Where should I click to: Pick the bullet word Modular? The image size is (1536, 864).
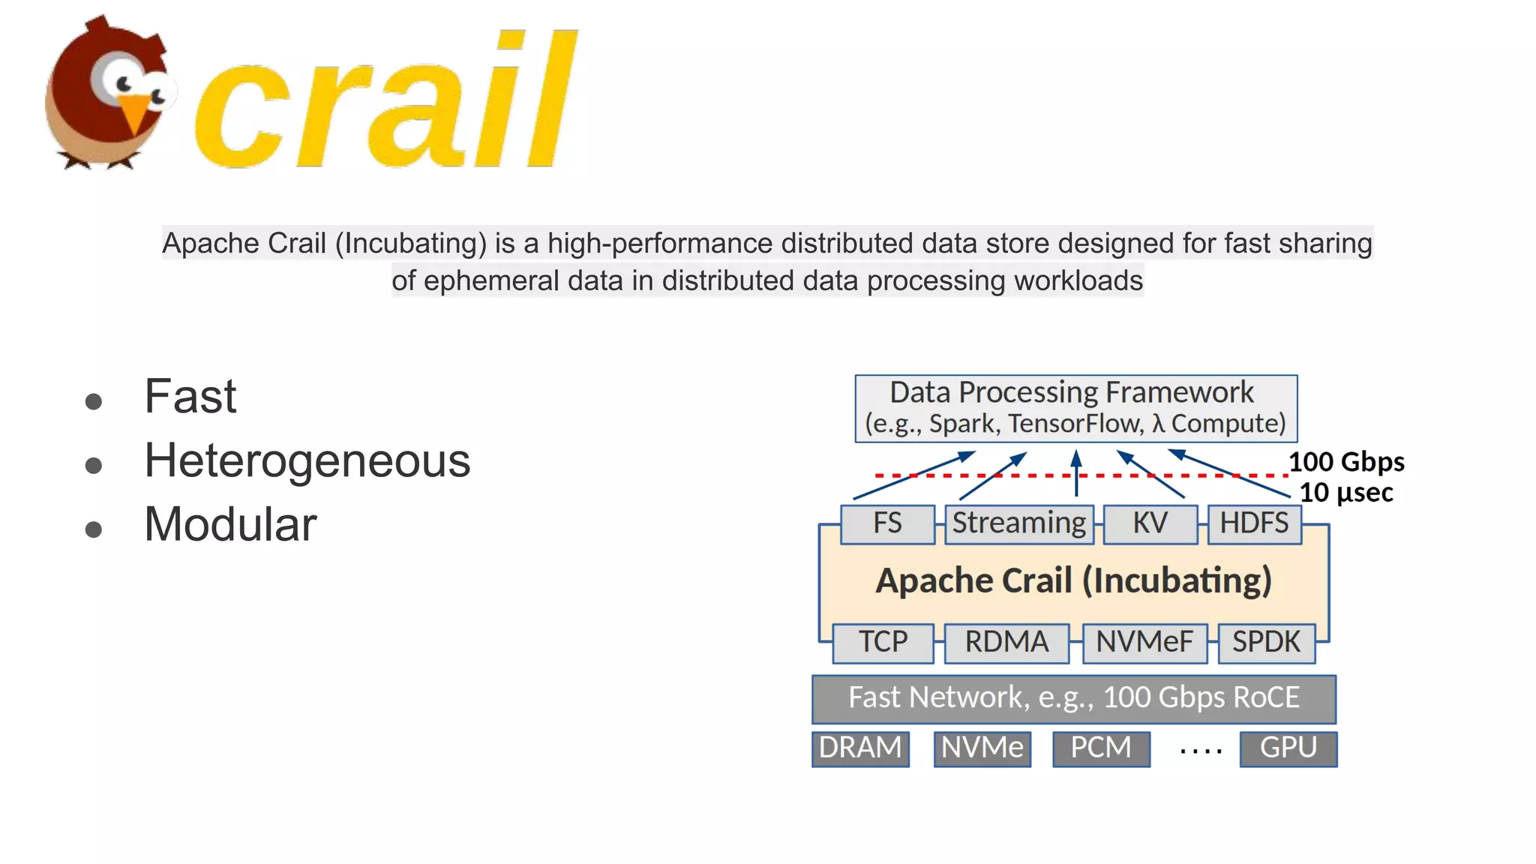(x=230, y=524)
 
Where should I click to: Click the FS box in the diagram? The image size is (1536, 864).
(x=887, y=523)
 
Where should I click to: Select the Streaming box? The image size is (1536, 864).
(x=1018, y=523)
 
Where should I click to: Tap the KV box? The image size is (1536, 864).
(x=1150, y=523)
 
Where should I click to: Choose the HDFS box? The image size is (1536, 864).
(x=1254, y=523)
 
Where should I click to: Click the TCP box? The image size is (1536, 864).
(x=883, y=643)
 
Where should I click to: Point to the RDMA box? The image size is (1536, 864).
(x=1006, y=643)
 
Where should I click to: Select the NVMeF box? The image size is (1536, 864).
(x=1144, y=643)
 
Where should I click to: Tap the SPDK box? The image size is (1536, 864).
(x=1267, y=643)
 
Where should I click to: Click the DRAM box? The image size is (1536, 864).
(x=860, y=748)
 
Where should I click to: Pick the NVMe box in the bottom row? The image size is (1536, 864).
(x=982, y=748)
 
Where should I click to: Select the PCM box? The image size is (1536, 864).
(x=1101, y=748)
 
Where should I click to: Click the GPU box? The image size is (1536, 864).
(x=1288, y=748)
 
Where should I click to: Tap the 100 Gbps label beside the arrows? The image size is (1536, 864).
(x=1346, y=462)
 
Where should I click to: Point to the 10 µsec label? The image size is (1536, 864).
(x=1346, y=493)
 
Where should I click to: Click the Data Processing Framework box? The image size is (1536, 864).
(x=1075, y=408)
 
